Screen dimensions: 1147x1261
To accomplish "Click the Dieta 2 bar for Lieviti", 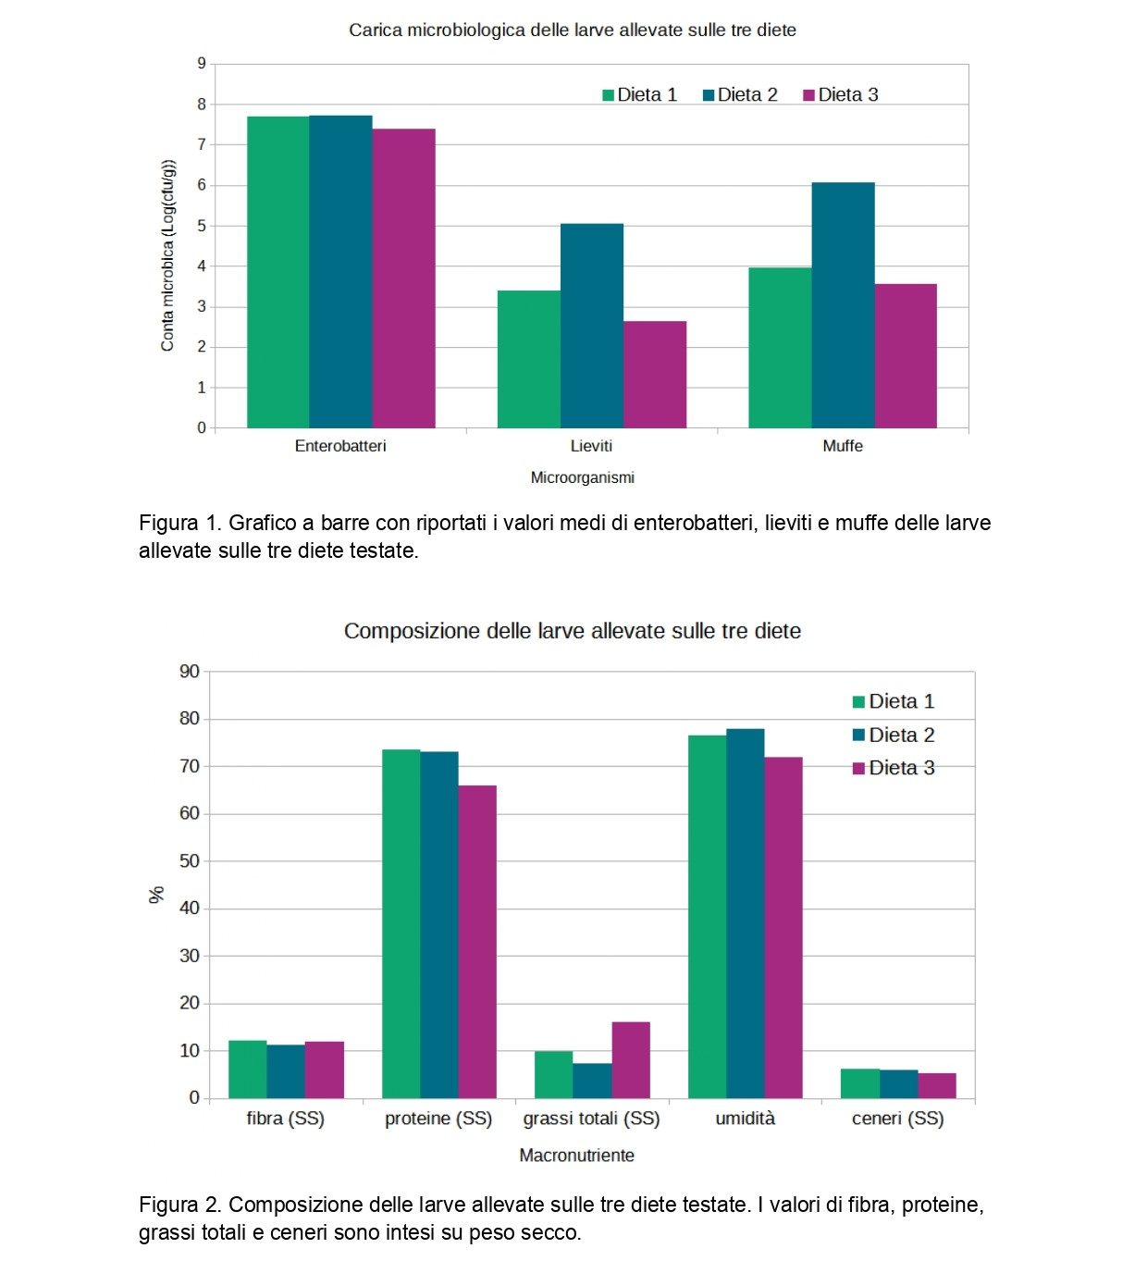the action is click(x=591, y=326).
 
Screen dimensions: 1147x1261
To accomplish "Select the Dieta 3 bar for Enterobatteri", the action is click(x=403, y=278).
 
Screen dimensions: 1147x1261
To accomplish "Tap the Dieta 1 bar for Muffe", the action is click(x=780, y=348).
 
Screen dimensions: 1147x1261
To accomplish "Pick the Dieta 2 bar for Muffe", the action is click(x=843, y=305).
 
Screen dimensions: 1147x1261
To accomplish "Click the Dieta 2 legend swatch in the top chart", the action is click(x=709, y=95).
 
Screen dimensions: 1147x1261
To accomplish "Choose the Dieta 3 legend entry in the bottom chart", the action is click(x=894, y=768).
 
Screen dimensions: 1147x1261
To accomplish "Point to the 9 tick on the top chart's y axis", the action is click(x=201, y=63).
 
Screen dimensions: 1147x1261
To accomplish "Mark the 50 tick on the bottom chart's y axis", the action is click(x=190, y=860).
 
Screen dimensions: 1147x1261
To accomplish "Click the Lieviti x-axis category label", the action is click(x=591, y=446).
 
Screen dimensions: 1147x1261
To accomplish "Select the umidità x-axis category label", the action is click(x=745, y=1119).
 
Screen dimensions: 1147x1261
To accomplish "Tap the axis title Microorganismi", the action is click(x=582, y=477).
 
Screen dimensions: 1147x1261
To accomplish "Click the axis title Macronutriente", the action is click(x=576, y=1155).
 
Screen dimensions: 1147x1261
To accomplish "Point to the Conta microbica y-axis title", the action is click(x=167, y=255).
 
